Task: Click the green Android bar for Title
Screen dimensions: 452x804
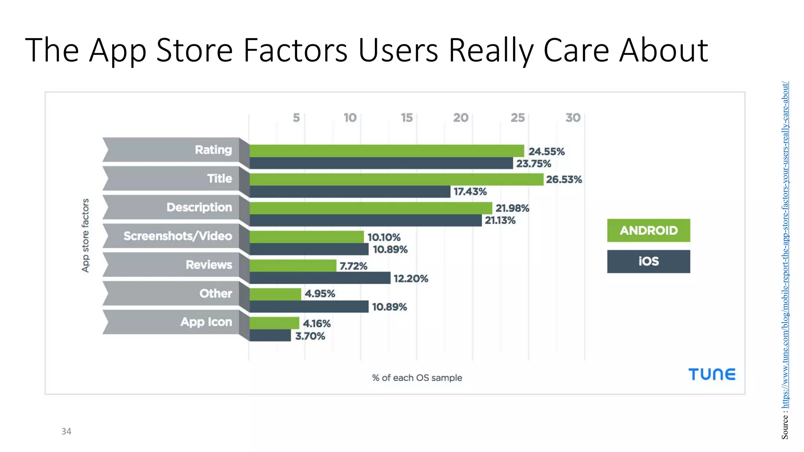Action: pos(397,180)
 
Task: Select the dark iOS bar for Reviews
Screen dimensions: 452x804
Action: pos(320,278)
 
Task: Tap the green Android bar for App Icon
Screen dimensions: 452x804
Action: pos(274,323)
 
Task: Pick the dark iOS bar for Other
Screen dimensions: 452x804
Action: pos(309,307)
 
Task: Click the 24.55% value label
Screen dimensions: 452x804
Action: pos(546,151)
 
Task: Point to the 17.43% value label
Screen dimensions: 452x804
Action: pos(470,192)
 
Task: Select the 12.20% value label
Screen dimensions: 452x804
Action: pos(411,279)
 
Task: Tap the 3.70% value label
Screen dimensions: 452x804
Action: pos(310,336)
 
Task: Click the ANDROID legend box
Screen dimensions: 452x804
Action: pos(648,230)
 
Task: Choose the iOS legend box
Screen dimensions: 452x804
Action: pos(648,261)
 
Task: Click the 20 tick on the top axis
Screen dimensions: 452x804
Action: pos(460,118)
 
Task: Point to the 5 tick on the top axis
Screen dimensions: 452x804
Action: pos(296,118)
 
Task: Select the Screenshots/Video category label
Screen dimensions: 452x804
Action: pos(177,236)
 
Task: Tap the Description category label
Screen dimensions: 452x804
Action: pos(199,207)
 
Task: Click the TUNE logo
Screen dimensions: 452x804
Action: pos(712,374)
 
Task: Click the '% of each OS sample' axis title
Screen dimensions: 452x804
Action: pos(417,378)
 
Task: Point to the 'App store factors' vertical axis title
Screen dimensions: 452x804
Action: pos(85,235)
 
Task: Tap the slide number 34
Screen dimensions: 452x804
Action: pos(66,432)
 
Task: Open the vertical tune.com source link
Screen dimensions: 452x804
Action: pos(785,243)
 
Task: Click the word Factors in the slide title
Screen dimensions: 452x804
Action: pos(295,50)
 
